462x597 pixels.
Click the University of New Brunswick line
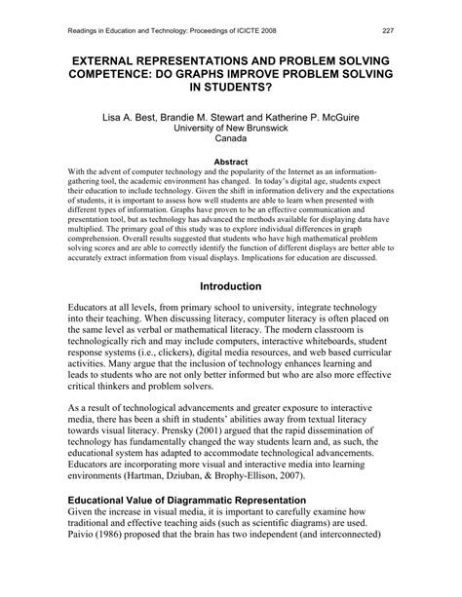pyautogui.click(x=231, y=127)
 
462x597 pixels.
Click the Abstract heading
pyautogui.click(x=230, y=162)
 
